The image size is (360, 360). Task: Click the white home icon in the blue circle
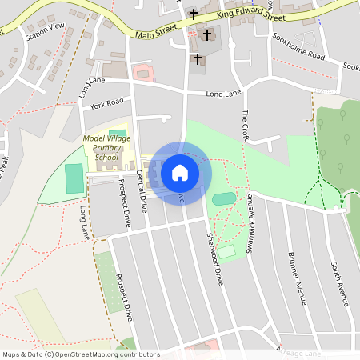180,171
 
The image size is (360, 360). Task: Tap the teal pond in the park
224,198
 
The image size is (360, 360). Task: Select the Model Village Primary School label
106,147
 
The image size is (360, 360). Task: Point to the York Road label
107,104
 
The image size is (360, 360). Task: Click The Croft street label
245,124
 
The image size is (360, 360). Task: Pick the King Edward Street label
251,15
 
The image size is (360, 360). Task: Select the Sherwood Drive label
214,261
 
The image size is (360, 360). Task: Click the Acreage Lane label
298,352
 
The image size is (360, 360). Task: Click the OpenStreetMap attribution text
81,354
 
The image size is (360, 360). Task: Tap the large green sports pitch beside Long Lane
74,178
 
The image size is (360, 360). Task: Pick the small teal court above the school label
117,133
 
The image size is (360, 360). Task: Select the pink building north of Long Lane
142,73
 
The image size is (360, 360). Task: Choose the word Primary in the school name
106,147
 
